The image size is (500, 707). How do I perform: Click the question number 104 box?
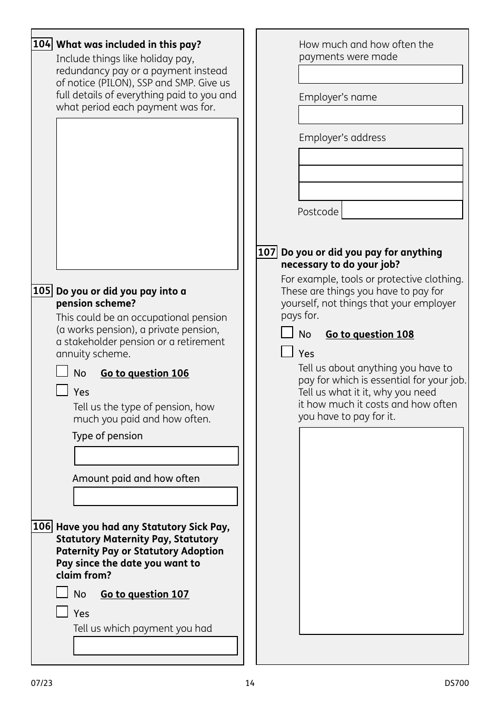point(42,44)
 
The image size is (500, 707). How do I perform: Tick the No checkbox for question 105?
point(62,371)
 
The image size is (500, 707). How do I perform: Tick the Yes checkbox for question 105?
point(62,390)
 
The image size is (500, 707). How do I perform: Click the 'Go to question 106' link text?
point(145,373)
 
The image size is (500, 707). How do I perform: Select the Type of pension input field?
point(156,456)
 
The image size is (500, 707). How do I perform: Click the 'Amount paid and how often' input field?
point(155,497)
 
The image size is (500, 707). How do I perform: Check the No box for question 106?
point(62,592)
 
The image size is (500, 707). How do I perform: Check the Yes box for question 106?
point(62,612)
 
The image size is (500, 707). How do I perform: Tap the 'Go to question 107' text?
point(145,594)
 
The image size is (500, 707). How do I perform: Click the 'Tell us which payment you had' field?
point(155,646)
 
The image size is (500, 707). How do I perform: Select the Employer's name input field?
point(381,115)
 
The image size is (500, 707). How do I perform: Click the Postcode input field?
point(402,210)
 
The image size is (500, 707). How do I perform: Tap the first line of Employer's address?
point(381,157)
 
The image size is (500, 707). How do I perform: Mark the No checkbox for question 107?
point(287,332)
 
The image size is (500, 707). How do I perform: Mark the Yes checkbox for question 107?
point(287,351)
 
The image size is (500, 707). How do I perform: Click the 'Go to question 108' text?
point(369,335)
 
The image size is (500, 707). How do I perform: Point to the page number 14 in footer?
point(250,683)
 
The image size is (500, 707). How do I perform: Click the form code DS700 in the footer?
point(456,683)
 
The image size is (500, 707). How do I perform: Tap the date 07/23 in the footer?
point(42,683)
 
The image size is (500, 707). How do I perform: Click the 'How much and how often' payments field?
point(381,74)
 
